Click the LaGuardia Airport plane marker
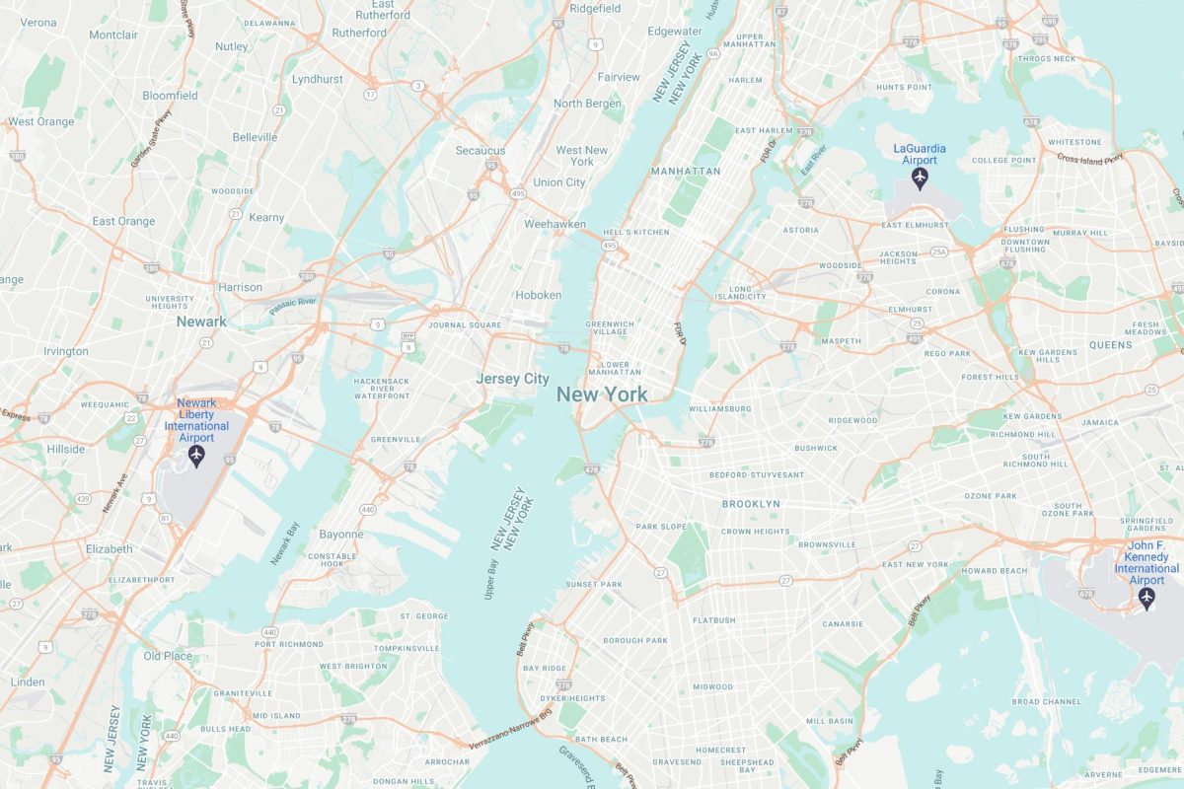tap(920, 179)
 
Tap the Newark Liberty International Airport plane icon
tap(195, 456)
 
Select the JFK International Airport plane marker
tap(1147, 598)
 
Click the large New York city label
tap(602, 394)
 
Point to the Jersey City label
tap(512, 379)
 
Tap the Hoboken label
tap(538, 295)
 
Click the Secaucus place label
tap(481, 151)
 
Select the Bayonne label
tap(341, 535)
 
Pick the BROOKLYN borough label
tap(751, 504)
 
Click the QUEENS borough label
tap(1110, 345)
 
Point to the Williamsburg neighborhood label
tap(719, 408)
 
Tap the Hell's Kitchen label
tap(635, 232)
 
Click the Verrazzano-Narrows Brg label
tap(510, 730)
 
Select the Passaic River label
tap(292, 306)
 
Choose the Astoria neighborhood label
tap(800, 230)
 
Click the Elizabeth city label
tap(109, 548)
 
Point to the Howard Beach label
tap(995, 571)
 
